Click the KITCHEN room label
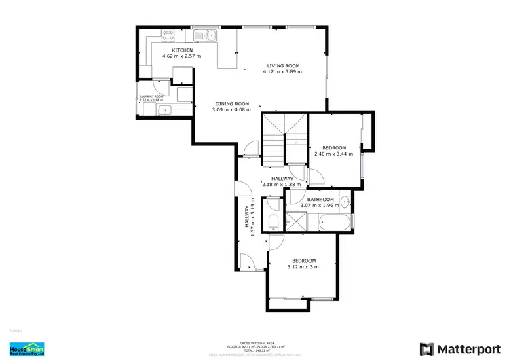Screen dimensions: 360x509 (183, 50)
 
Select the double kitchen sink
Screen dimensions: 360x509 (204, 35)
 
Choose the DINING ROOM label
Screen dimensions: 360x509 (231, 104)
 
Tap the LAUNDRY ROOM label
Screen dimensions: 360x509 (151, 96)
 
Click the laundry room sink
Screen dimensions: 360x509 (167, 112)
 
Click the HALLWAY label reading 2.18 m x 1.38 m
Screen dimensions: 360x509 (282, 181)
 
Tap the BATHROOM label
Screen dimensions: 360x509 (320, 199)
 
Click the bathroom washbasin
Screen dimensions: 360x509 (345, 201)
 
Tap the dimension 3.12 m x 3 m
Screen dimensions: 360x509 (303, 267)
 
